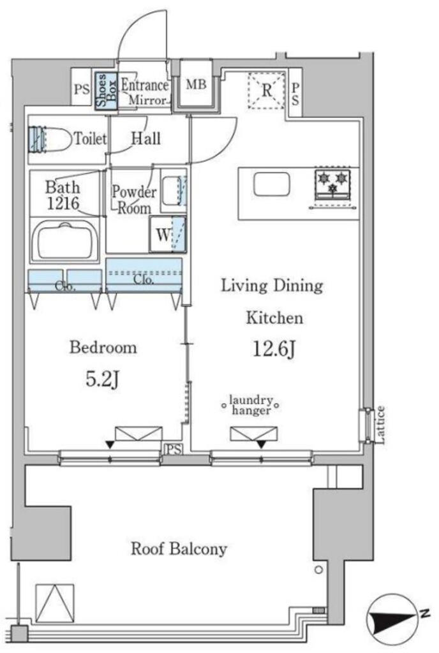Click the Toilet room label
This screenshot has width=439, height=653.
pos(91,138)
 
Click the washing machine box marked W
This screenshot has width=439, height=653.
pos(167,235)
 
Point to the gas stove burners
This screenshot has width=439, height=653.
pos(332,183)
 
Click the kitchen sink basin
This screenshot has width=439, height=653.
pos(272,184)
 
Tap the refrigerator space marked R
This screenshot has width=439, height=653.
pos(267,91)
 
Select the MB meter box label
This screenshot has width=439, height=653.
pos(196,85)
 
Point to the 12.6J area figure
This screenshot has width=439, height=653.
pos(274,349)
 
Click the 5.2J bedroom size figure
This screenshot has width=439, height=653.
pos(103,379)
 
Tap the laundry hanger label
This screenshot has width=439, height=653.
pos(251,405)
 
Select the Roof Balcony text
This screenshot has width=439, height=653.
pos(179,548)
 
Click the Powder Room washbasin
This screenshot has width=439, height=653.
pos(174,190)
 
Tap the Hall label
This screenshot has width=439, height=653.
pos(145,138)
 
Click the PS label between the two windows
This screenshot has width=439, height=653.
pos(175,450)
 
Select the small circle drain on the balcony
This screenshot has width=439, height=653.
pos(318,570)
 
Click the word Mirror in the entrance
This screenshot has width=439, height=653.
pos(148,100)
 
